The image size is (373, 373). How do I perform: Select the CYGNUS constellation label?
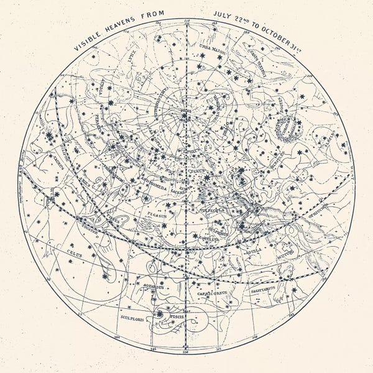196,168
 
